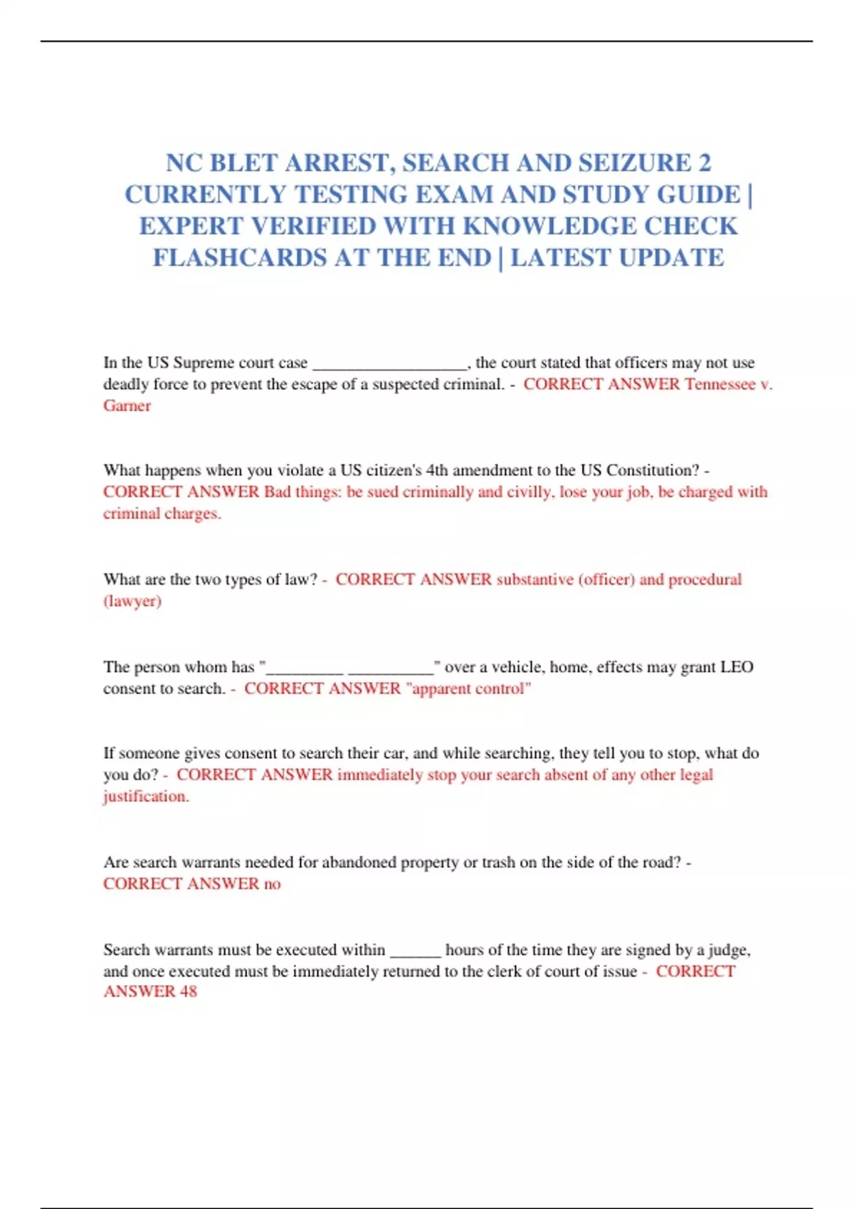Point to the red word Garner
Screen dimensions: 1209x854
click(x=127, y=406)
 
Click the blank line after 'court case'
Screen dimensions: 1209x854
click(x=390, y=363)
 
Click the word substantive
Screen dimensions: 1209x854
click(x=534, y=580)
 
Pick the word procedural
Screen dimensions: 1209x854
click(x=705, y=580)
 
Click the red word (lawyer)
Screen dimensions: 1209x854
click(x=132, y=602)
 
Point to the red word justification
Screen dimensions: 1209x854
click(x=146, y=797)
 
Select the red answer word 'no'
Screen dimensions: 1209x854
click(x=273, y=884)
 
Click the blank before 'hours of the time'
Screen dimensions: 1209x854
click(x=416, y=952)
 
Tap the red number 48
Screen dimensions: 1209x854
click(x=188, y=991)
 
